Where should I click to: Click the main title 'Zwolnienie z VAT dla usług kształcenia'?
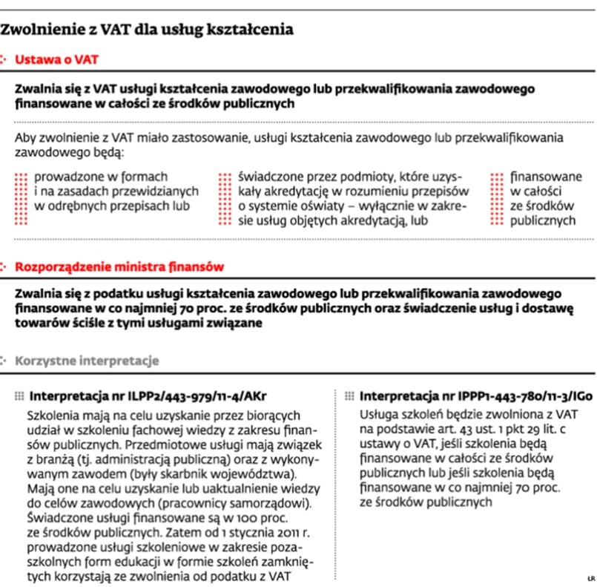click(148, 30)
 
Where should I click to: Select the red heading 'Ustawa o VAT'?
click(56, 59)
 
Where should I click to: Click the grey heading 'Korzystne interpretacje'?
click(88, 361)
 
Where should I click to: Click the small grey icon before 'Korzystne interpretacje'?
click(7, 361)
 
